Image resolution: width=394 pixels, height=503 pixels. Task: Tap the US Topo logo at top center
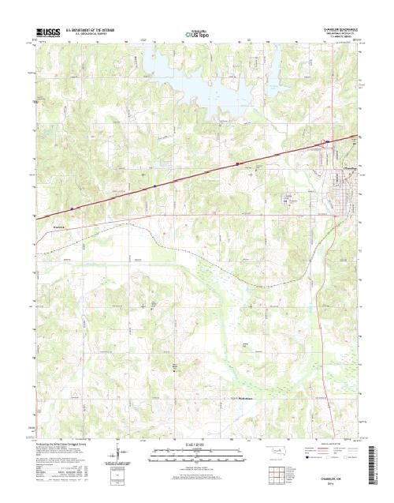[x=197, y=34]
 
